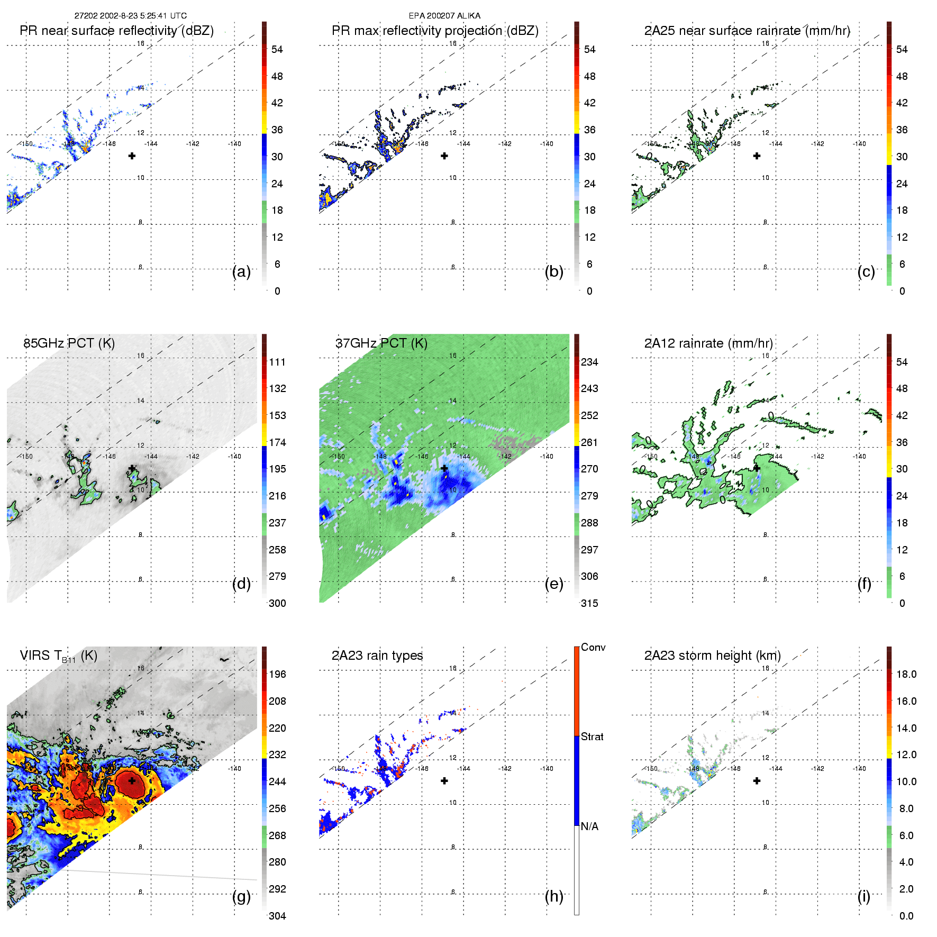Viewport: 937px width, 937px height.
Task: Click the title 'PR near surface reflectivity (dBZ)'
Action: tap(116, 31)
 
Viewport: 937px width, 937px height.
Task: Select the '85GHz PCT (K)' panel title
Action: tap(69, 343)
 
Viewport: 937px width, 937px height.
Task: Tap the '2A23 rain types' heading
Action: tap(377, 656)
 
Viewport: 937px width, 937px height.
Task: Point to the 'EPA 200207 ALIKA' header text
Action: tap(444, 16)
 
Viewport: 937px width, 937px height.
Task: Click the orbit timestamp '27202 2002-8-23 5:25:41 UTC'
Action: tap(130, 16)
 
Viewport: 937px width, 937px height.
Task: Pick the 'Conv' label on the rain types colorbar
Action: tap(593, 647)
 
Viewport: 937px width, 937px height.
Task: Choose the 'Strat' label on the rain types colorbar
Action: tap(592, 736)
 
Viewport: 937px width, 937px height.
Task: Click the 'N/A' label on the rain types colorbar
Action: tap(589, 826)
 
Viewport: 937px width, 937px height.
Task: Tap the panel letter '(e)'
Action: tap(553, 584)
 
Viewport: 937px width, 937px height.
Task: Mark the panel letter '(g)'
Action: tap(241, 896)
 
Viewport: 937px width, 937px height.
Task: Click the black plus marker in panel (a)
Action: tap(132, 156)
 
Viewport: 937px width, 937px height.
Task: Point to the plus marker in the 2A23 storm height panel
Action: tap(757, 781)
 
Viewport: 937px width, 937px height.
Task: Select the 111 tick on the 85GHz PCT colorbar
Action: tap(277, 362)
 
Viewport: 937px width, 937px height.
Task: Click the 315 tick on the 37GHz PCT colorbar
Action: tap(589, 603)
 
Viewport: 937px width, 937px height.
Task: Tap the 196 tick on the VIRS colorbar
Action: tap(277, 674)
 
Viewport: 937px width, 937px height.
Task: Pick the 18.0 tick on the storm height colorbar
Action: tap(906, 674)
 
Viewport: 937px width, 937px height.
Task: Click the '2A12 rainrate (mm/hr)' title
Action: tap(708, 343)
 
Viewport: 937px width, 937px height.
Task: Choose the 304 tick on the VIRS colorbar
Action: tap(277, 916)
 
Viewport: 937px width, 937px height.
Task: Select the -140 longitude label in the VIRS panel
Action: tap(234, 768)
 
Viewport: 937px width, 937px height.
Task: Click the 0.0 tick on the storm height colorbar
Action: tap(906, 916)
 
